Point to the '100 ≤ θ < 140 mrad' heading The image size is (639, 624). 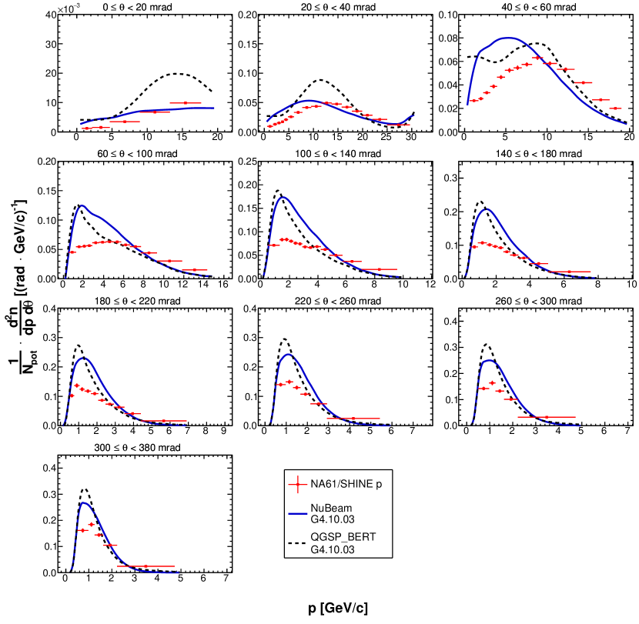pyautogui.click(x=343, y=153)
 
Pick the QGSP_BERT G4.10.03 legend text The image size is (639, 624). pyautogui.click(x=344, y=546)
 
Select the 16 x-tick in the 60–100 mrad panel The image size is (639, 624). pyautogui.click(x=222, y=285)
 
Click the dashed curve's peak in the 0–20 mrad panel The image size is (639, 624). pyautogui.click(x=179, y=74)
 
